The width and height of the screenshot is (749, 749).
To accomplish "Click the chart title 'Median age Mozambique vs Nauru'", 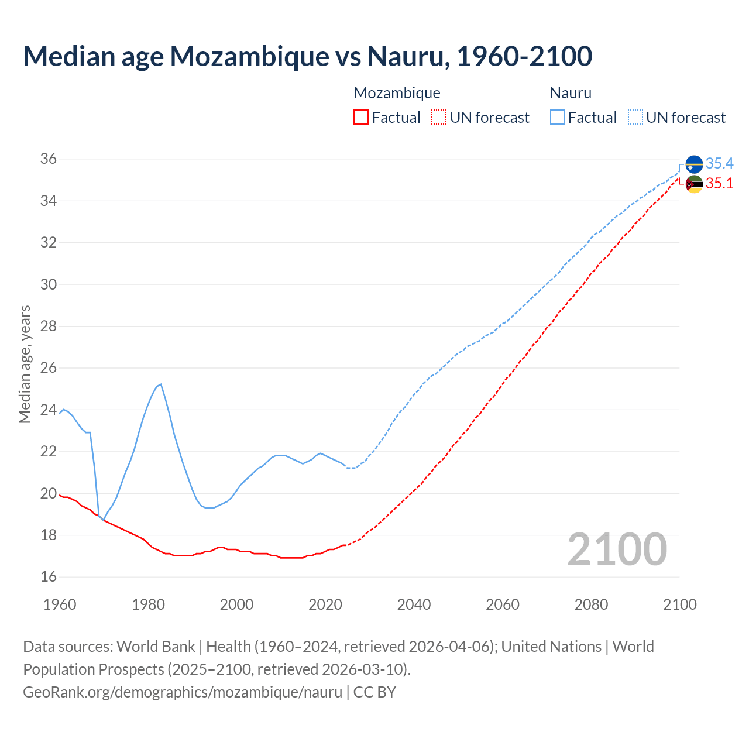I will pos(307,56).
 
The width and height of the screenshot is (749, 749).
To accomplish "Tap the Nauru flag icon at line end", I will pos(694,164).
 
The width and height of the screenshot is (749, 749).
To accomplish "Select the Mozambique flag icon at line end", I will pos(694,184).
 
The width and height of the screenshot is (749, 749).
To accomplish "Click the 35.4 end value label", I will pos(719,163).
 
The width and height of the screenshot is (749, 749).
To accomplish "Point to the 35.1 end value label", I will pos(719,184).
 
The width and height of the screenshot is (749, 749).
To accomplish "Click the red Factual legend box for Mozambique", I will pos(361,118).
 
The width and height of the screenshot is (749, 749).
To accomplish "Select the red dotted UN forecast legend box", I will pos(439,118).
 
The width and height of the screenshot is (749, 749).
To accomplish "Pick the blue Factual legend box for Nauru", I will pos(558,118).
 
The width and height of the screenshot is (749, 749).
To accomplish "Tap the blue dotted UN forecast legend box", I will pos(635,118).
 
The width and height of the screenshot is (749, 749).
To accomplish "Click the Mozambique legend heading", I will pos(397,93).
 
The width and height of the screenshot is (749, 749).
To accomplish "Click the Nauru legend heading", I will pos(571,93).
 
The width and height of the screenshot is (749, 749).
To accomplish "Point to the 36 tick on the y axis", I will pos(49,159).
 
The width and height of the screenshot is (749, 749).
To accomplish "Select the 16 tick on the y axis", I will pos(49,577).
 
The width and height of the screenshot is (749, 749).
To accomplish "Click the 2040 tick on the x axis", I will pos(414,604).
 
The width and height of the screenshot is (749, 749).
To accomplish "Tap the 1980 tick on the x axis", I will pos(148,604).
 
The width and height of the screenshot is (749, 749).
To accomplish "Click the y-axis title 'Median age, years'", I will pos(25,364).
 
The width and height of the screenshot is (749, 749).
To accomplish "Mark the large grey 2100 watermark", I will pos(617,549).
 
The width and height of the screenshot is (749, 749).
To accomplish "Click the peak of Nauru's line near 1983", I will pos(161,384).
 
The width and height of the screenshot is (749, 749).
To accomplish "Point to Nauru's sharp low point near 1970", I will pos(103,520).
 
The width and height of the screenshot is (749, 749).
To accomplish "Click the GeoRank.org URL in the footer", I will pos(183,692).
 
